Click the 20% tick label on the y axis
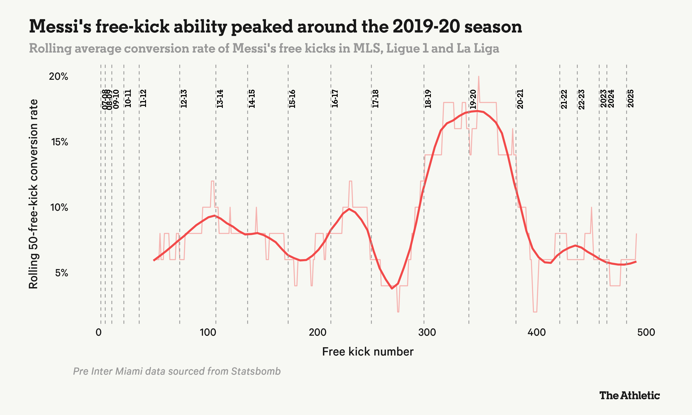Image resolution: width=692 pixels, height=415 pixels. pyautogui.click(x=58, y=76)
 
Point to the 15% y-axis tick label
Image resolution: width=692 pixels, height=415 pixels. pyautogui.click(x=60, y=142)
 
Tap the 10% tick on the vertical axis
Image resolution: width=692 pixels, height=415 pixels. pyautogui.click(x=59, y=207)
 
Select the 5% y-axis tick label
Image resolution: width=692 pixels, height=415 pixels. pyautogui.click(x=62, y=273)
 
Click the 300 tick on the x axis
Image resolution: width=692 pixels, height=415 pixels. pyautogui.click(x=427, y=332)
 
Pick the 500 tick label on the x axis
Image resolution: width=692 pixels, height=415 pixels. pyautogui.click(x=646, y=332)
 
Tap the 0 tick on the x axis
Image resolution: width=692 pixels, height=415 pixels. pyautogui.click(x=98, y=332)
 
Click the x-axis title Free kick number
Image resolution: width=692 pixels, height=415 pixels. pyautogui.click(x=367, y=352)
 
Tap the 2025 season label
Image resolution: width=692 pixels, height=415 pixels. pyautogui.click(x=630, y=98)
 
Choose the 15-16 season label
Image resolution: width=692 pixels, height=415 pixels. pyautogui.click(x=292, y=99)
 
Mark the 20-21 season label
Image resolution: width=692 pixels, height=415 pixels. pyautogui.click(x=520, y=99)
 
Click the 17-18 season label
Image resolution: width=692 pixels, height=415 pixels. pyautogui.click(x=375, y=99)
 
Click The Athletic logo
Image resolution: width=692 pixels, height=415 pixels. pyautogui.click(x=629, y=395)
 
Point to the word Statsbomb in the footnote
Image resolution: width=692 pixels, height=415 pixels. pyautogui.click(x=256, y=371)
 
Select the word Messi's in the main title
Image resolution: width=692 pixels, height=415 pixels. pyautogui.click(x=60, y=27)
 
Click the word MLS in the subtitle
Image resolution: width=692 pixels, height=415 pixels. pyautogui.click(x=368, y=48)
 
